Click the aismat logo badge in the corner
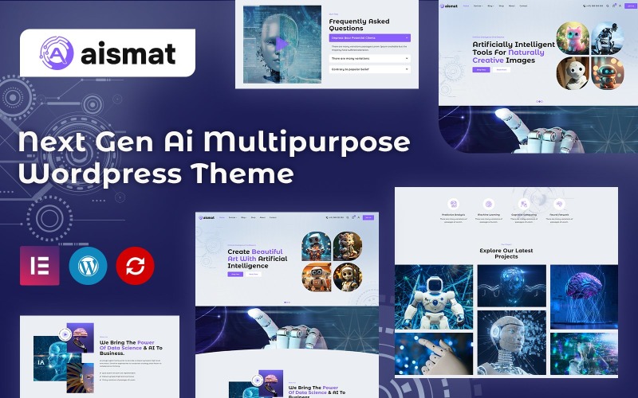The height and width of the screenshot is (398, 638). [108, 53]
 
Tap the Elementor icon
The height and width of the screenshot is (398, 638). [40, 266]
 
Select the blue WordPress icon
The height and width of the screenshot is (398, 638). [88, 266]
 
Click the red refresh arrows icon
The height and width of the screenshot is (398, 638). [136, 266]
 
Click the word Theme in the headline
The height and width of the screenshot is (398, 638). [247, 174]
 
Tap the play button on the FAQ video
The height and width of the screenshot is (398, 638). [281, 44]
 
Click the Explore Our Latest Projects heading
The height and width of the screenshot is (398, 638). [506, 254]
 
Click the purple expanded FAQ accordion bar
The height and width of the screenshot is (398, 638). [370, 37]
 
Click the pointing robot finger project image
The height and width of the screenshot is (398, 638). [435, 353]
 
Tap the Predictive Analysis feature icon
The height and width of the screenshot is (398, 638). [453, 204]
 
